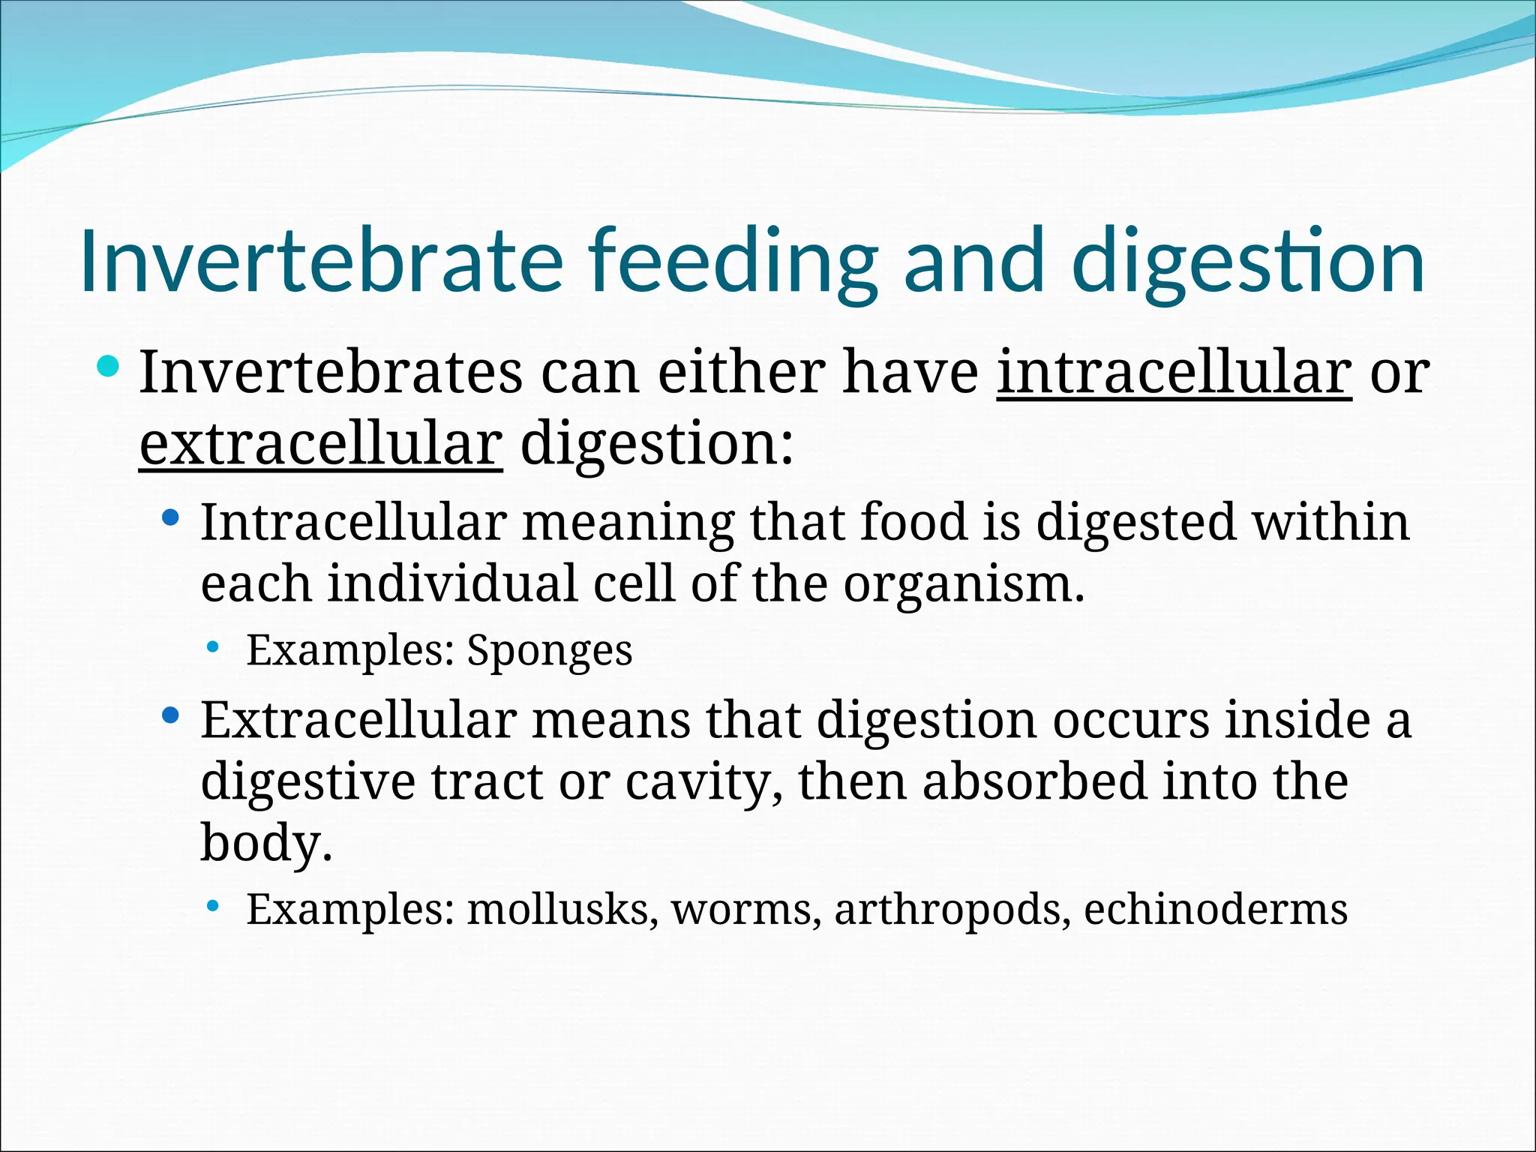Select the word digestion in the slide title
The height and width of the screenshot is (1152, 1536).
tap(1248, 261)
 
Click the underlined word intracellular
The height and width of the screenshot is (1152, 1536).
tap(1174, 373)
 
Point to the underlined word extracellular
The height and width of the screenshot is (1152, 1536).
tap(320, 444)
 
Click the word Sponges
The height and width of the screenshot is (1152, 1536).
tap(550, 650)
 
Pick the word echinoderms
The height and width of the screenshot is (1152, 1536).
tap(1215, 909)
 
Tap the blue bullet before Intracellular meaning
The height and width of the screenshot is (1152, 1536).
tap(171, 517)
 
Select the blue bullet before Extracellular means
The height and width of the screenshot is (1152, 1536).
tap(171, 715)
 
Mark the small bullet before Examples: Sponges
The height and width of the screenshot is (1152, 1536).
tap(214, 646)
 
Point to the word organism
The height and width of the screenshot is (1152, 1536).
tap(963, 585)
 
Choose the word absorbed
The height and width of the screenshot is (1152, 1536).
tap(1035, 781)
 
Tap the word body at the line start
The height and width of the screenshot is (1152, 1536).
tap(265, 843)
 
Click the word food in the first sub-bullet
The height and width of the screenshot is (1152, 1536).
tap(913, 522)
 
